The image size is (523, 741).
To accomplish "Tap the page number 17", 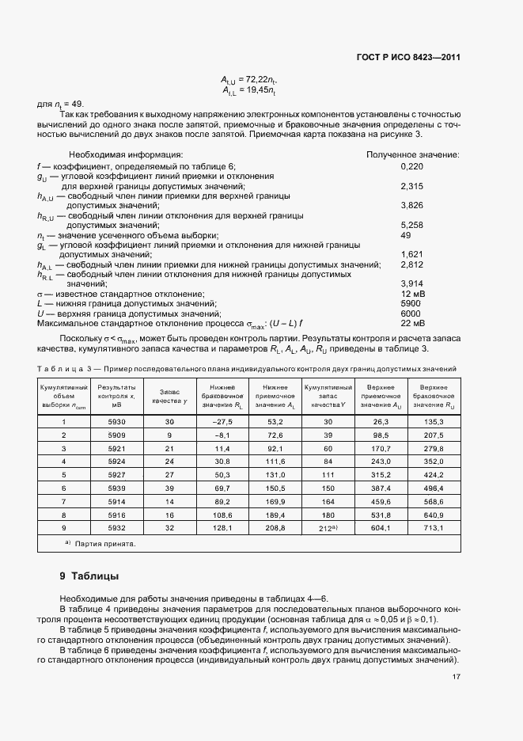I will click(x=456, y=677).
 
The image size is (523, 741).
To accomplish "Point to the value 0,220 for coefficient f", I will click(x=412, y=166).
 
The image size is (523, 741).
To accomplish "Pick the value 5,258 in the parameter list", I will click(x=412, y=225).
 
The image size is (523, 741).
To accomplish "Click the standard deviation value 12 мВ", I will click(x=412, y=294).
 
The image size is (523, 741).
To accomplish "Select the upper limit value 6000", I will click(x=411, y=313).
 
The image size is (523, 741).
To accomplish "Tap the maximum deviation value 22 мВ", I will click(x=412, y=323).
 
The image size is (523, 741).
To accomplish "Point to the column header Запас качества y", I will click(x=169, y=396).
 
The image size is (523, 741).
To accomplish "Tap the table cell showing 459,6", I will click(x=378, y=503).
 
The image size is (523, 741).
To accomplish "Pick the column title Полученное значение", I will click(x=412, y=154).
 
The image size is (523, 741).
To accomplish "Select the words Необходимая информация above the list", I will click(x=126, y=154).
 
